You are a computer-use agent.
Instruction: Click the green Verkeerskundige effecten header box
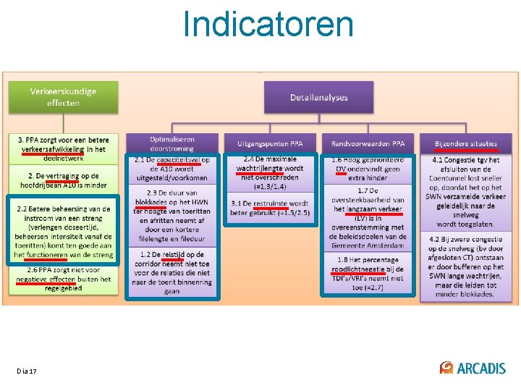click(63, 97)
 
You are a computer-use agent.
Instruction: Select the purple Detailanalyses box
click(318, 97)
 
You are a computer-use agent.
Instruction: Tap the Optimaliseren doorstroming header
click(172, 143)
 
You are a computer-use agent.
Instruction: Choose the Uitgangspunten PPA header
click(270, 143)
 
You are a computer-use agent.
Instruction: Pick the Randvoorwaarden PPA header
click(368, 143)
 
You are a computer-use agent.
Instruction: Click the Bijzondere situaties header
click(467, 143)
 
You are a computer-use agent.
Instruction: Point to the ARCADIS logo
click(473, 368)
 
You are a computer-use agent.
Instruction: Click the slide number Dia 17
click(27, 371)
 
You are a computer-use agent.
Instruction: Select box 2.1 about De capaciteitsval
click(172, 169)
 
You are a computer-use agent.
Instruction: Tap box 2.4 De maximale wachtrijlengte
click(270, 172)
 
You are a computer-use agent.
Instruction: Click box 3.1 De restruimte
click(270, 208)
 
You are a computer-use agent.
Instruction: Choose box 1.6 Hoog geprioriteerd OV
click(368, 169)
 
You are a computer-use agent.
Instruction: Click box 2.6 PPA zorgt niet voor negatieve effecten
click(63, 279)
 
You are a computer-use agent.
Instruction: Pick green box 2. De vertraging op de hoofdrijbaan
click(63, 180)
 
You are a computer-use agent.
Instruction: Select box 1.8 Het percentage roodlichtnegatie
click(368, 274)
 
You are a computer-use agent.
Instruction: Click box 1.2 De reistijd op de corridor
click(172, 272)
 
